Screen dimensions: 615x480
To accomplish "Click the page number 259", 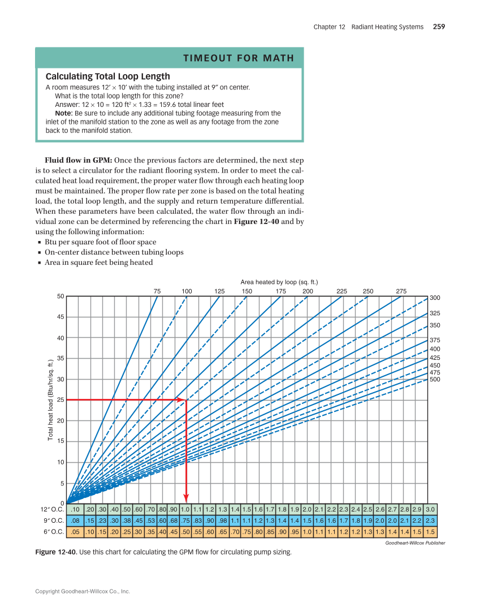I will pyautogui.click(x=439, y=27).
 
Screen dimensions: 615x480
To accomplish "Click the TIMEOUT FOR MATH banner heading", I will pyautogui.click(x=239, y=58).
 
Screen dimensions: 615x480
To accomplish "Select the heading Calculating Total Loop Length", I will pyautogui.click(x=107, y=76).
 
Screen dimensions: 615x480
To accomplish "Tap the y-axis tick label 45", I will pyautogui.click(x=60, y=317).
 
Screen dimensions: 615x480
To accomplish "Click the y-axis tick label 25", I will pyautogui.click(x=60, y=400).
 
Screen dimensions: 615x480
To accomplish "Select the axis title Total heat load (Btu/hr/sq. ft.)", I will pyautogui.click(x=50, y=400).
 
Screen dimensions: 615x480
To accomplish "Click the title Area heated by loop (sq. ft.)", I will pyautogui.click(x=279, y=282).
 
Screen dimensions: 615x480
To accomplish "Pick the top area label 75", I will pyautogui.click(x=157, y=291).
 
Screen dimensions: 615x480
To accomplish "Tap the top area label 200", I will pyautogui.click(x=308, y=291).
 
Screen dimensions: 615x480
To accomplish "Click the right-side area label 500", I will pyautogui.click(x=435, y=380).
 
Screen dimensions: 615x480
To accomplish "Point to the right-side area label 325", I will pyautogui.click(x=435, y=313).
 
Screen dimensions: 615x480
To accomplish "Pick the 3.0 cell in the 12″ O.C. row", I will pyautogui.click(x=430, y=509).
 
